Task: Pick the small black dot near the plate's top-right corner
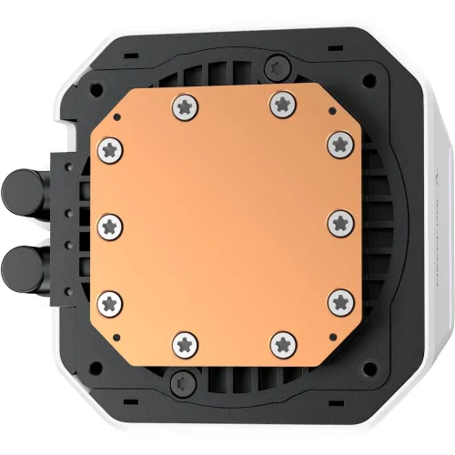click(330, 110)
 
